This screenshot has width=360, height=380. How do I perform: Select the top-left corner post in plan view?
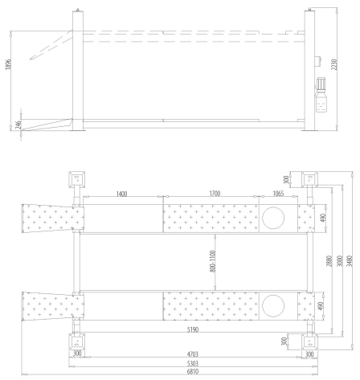pyautogui.click(x=76, y=178)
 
